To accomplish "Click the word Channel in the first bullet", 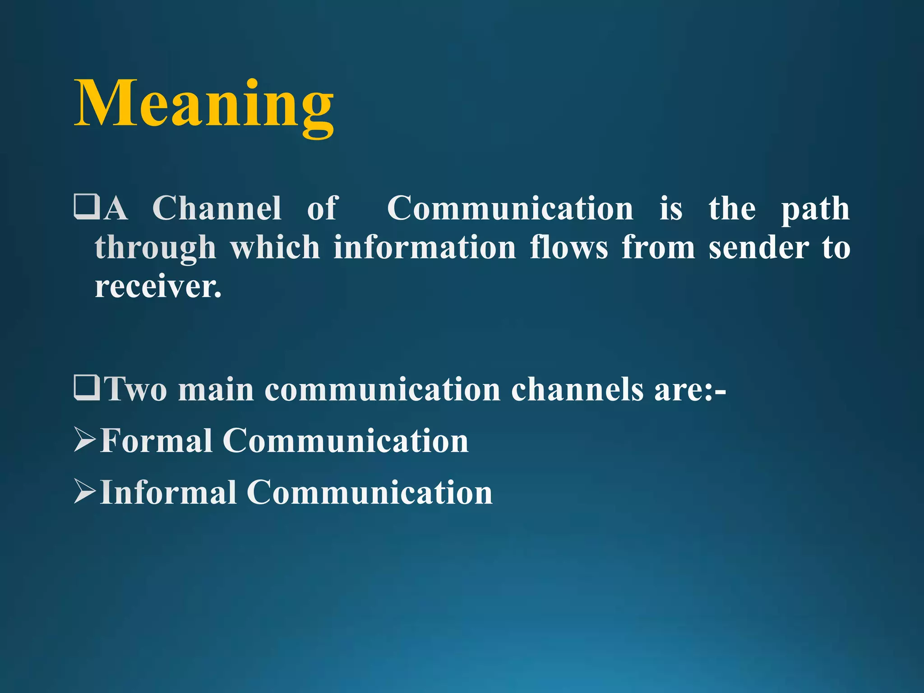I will tap(217, 208).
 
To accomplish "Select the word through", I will tap(156, 249).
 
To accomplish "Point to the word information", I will tap(425, 248).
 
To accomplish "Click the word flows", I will tap(569, 248).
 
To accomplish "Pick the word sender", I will tap(758, 248).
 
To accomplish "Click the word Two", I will tap(136, 389).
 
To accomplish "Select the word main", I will tap(216, 389).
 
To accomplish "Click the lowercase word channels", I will tap(577, 389).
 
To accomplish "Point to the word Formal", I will tap(156, 440).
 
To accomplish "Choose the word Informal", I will tap(168, 492).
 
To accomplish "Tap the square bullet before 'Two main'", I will tap(86, 388).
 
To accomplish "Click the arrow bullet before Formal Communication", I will tap(85, 440).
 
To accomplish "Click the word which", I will tap(275, 248).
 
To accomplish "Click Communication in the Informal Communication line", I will tap(370, 492).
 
